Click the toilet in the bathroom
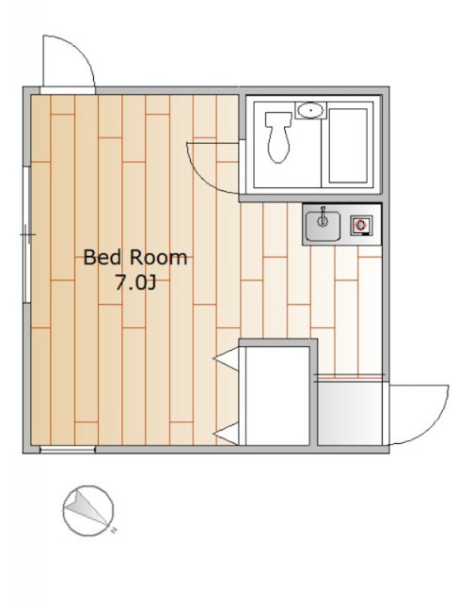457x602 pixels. point(278,137)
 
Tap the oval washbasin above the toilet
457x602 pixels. point(310,111)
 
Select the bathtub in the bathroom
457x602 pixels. point(348,146)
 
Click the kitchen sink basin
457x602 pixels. point(323,225)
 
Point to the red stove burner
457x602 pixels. point(361,225)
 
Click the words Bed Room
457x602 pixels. point(135,258)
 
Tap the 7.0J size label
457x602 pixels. point(135,283)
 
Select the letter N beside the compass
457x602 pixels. point(114,531)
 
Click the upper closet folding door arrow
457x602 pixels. point(227,359)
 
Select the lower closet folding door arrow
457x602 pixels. point(227,435)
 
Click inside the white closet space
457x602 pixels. point(277,395)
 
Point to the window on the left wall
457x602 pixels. point(26,234)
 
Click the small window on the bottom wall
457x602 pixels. point(68,450)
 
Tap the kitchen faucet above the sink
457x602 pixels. point(323,215)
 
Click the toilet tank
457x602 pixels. point(278,119)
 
